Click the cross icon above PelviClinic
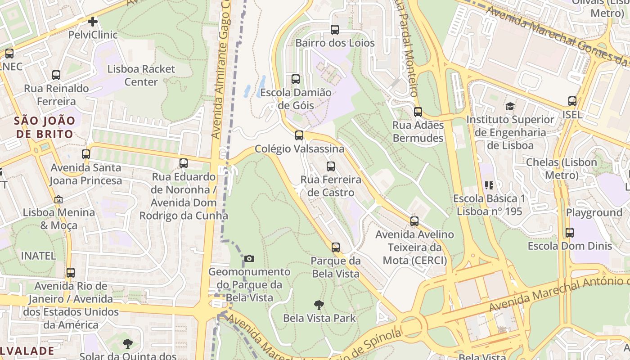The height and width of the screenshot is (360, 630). tap(93, 21)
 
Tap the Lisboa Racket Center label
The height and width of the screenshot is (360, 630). tap(141, 76)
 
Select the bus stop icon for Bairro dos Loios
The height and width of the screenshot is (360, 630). tap(335, 30)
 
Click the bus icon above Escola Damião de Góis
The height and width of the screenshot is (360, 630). tap(296, 79)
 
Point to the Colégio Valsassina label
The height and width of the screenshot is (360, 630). tap(299, 148)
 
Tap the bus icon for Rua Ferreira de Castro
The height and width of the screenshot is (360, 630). tap(331, 166)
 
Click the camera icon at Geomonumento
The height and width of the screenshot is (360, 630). tap(249, 258)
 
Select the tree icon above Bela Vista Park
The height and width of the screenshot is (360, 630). tap(319, 305)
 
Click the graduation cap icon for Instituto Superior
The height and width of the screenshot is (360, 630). tap(510, 107)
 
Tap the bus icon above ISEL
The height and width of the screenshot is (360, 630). tap(572, 101)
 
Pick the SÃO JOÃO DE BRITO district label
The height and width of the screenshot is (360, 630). tap(44, 127)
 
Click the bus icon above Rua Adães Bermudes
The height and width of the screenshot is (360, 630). tap(418, 112)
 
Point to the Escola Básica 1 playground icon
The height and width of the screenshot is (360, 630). tap(489, 185)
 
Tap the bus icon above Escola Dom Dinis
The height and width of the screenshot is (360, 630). tap(570, 233)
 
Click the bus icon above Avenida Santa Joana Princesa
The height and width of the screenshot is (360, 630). tap(86, 154)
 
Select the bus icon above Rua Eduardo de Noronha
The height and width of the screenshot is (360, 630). tap(184, 163)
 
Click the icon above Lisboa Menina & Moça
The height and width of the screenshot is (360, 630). tap(58, 199)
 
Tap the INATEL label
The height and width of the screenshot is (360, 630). tap(39, 256)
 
